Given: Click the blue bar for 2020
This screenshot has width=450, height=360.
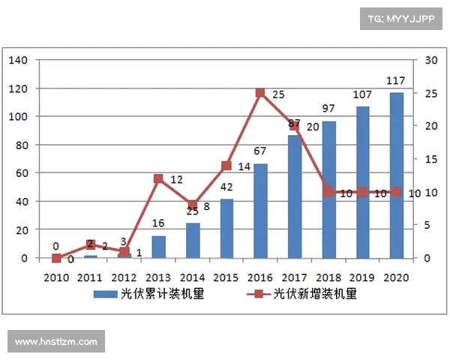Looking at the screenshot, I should (396, 175).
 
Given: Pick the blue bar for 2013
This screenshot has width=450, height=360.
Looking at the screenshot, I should (159, 247).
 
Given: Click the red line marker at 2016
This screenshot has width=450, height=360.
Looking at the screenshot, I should (260, 93).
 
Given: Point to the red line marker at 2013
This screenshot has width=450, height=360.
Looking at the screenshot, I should (159, 178).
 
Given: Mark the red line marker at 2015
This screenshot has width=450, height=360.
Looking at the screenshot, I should (226, 166).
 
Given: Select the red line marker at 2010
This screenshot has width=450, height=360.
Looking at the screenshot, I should (56, 258).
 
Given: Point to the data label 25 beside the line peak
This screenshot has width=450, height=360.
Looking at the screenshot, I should (278, 94).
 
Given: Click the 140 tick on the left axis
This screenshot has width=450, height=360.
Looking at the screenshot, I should (17, 60).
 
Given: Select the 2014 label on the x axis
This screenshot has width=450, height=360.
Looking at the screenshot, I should (192, 277).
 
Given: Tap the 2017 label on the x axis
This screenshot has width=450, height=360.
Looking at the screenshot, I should (294, 277).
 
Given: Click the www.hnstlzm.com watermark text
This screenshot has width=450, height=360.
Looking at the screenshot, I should (56, 342).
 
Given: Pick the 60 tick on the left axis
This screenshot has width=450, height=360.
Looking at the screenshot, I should (20, 173).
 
